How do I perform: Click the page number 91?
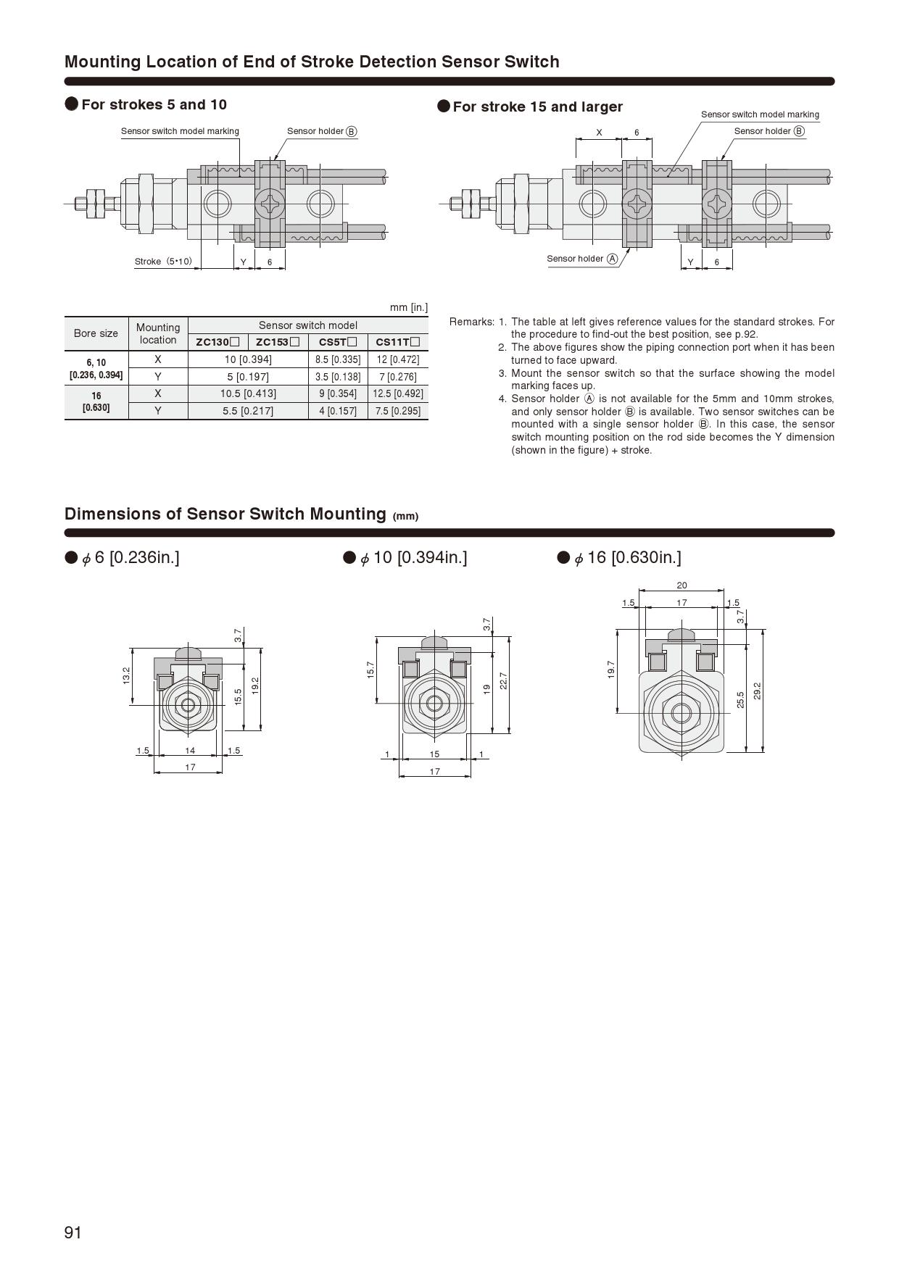pos(73,1233)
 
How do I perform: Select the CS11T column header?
pos(397,342)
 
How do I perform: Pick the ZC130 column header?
pos(217,342)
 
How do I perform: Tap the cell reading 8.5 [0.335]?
pos(338,359)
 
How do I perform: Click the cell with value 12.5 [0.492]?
pos(398,393)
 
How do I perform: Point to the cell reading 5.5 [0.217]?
pos(248,411)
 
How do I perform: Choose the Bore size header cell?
pos(96,333)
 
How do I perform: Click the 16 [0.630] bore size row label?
pos(96,401)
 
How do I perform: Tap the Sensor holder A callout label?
pos(582,259)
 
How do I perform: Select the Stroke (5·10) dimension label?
pos(163,262)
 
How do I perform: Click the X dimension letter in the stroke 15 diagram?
pos(599,133)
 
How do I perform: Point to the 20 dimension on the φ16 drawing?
pos(681,586)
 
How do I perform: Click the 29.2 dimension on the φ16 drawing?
pos(757,691)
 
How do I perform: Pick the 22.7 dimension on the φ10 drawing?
pos(503,681)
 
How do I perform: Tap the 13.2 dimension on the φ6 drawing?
pos(126,675)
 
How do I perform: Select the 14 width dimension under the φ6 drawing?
pos(190,751)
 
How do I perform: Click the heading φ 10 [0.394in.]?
pos(413,557)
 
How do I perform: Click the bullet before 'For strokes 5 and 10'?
pos(72,104)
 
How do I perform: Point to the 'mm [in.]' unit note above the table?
pos(408,307)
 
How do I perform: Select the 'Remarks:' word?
pos(471,322)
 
